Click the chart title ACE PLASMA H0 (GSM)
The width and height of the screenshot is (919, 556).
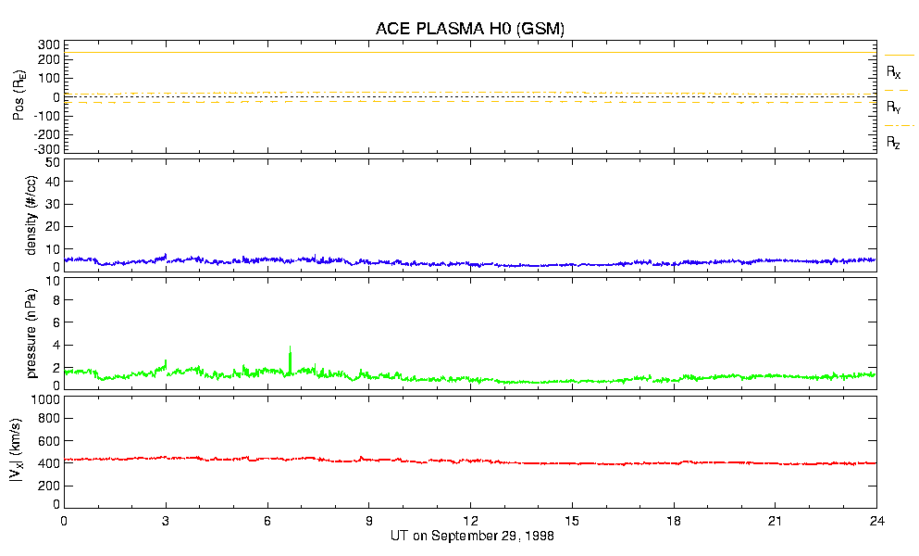coord(469,29)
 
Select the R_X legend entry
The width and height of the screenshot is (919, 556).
coord(894,71)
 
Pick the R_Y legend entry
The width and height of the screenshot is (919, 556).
coord(894,107)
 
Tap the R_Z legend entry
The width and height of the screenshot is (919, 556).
coord(894,143)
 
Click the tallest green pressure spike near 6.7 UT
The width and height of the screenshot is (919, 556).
coord(290,350)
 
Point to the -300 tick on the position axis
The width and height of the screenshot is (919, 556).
coord(47,148)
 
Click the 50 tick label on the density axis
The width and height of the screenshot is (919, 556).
coord(54,162)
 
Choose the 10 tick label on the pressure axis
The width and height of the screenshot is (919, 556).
coord(54,300)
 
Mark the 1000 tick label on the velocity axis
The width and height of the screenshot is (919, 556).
coord(45,400)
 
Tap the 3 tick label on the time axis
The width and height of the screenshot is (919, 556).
coord(166,522)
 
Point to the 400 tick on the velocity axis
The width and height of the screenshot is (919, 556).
coord(49,462)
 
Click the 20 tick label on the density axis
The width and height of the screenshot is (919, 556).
coord(54,226)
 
